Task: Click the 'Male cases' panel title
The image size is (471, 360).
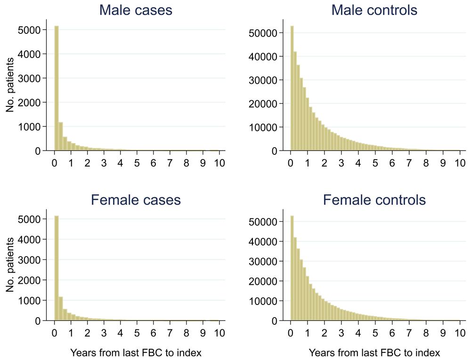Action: pyautogui.click(x=136, y=10)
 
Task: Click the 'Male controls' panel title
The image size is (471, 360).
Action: pyautogui.click(x=374, y=10)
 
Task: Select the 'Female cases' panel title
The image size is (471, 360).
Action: pyautogui.click(x=136, y=200)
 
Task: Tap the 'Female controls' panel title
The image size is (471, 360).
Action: pyautogui.click(x=374, y=200)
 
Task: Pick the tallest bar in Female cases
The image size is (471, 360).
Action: pyautogui.click(x=57, y=268)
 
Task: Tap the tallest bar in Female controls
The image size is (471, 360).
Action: pyautogui.click(x=292, y=268)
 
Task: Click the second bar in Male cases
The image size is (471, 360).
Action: pyautogui.click(x=61, y=136)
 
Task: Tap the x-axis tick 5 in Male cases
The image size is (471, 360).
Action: pyautogui.click(x=137, y=163)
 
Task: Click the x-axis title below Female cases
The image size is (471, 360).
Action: pyautogui.click(x=136, y=352)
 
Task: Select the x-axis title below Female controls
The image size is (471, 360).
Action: pyautogui.click(x=374, y=352)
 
